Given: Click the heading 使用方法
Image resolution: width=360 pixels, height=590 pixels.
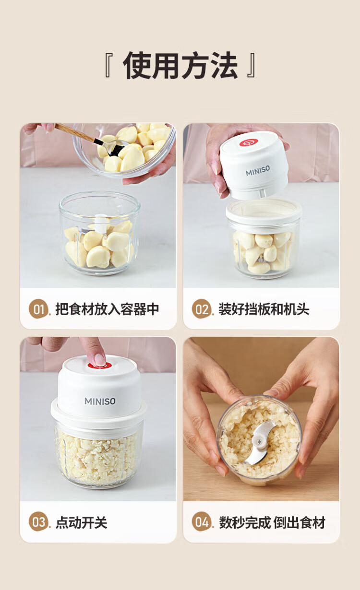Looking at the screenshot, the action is coord(180,65).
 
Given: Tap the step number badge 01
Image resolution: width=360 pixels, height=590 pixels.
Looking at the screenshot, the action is coord(38,309).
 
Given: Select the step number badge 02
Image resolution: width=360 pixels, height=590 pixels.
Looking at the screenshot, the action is coord(202,309).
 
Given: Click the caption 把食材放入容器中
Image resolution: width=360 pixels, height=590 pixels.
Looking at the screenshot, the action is coord(107,309).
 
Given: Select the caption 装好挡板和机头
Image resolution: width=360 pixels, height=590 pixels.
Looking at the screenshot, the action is coord(264,309).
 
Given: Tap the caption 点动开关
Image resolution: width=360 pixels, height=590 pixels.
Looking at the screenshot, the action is coord(81,522).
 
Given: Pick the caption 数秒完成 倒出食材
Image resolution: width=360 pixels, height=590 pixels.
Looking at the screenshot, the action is coord(272,522).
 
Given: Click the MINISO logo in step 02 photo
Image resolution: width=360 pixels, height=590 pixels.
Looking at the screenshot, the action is coord(258,171).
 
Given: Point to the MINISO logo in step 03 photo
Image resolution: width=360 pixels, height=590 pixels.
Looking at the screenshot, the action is coord(100,401).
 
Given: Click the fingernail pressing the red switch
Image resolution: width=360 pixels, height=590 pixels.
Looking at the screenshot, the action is coord(100,360).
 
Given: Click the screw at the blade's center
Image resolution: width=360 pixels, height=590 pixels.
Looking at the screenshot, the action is coord(259,442).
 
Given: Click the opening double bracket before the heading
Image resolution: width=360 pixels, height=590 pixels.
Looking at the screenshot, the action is coord(108,65).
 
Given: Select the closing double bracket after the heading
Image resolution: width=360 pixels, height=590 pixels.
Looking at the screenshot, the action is coord(251,65).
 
